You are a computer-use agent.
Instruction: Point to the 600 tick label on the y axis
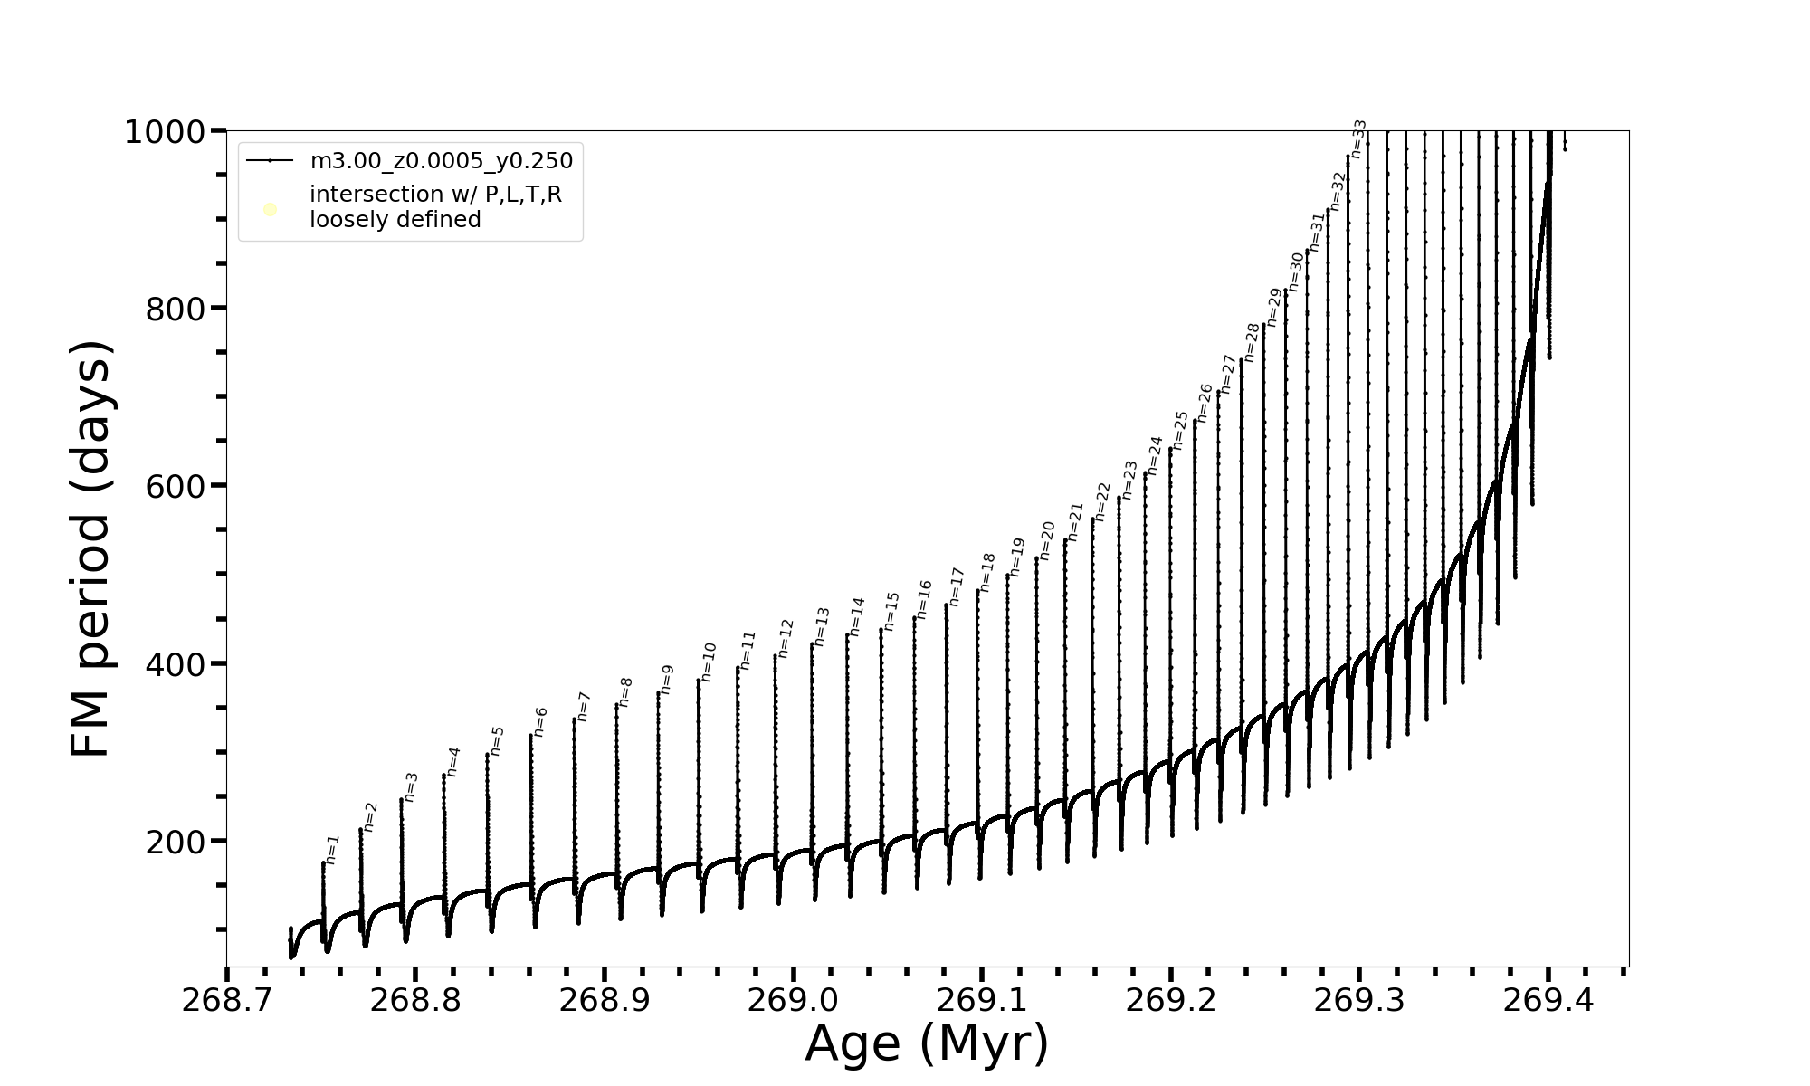click(175, 487)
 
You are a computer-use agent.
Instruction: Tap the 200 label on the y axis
click(175, 843)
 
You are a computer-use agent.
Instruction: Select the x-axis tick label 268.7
click(226, 1000)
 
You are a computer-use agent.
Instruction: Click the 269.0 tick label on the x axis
click(793, 1000)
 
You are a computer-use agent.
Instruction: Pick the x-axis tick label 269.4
click(1548, 1000)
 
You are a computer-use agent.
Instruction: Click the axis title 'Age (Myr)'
click(927, 1043)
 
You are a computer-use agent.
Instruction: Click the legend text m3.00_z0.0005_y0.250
click(441, 161)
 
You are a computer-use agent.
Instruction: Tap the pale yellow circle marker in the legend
click(270, 210)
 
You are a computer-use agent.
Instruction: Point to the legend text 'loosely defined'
click(395, 220)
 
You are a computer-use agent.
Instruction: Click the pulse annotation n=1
click(332, 850)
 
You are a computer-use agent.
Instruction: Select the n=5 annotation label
click(497, 740)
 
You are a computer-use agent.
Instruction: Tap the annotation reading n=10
click(709, 662)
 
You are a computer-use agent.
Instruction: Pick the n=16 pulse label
click(923, 599)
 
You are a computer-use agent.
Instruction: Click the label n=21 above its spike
click(1075, 522)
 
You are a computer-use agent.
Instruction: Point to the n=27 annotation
click(1227, 374)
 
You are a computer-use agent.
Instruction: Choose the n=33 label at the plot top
click(1358, 138)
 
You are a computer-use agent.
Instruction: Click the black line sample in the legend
click(270, 161)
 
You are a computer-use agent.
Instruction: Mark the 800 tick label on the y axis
click(175, 310)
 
